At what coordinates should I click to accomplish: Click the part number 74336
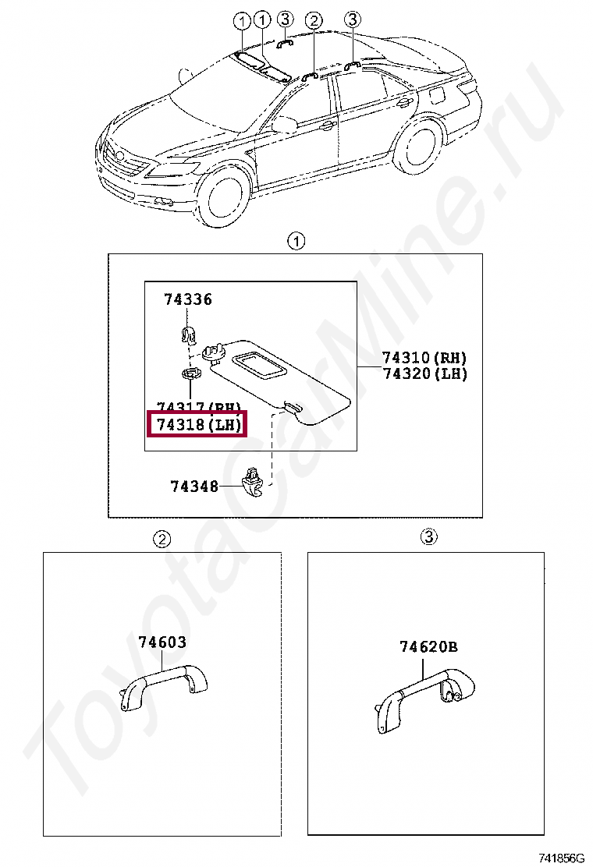(x=187, y=299)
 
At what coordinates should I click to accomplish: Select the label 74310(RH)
(x=424, y=358)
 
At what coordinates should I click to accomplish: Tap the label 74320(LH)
(x=424, y=373)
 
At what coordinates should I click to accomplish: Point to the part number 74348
(x=194, y=486)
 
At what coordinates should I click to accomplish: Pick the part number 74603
(x=162, y=642)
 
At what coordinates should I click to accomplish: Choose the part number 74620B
(x=428, y=646)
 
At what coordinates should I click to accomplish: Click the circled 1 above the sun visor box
(x=296, y=241)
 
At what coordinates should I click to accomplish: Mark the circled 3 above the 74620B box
(x=428, y=537)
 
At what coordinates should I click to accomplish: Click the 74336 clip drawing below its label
(x=187, y=334)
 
